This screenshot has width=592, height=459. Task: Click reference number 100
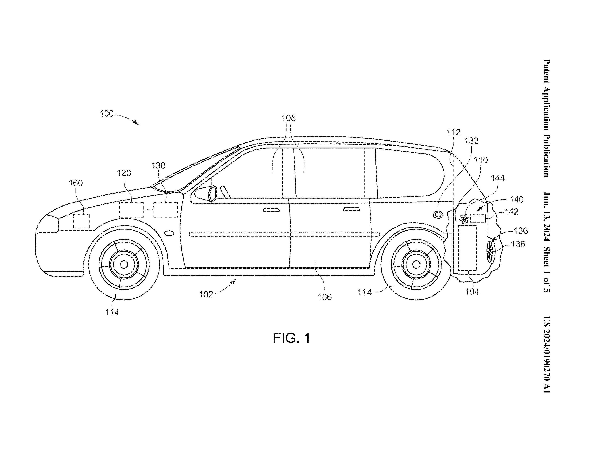(107, 113)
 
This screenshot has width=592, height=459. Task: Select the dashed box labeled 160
(81, 221)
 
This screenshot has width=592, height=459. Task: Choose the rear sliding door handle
(352, 209)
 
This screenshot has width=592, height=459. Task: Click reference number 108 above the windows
(288, 118)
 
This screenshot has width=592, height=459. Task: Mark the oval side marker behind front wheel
(169, 233)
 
